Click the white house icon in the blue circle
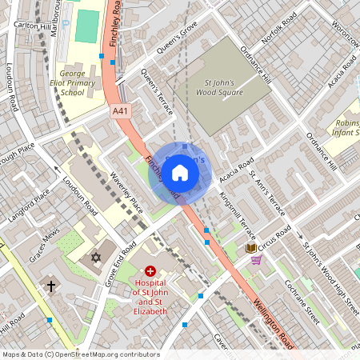(x=180, y=172)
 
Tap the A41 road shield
(x=120, y=111)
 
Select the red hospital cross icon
(x=150, y=273)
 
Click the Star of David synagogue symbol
(x=96, y=258)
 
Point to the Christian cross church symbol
(x=51, y=286)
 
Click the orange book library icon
(x=250, y=249)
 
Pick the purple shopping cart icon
(x=256, y=261)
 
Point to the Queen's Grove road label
(x=177, y=38)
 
